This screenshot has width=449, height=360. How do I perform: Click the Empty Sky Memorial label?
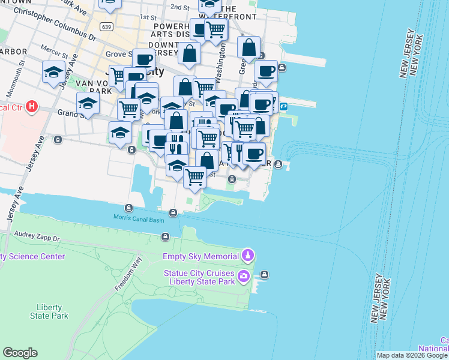pyautogui.click(x=200, y=256)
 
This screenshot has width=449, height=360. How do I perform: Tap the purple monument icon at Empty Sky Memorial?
pyautogui.click(x=247, y=256)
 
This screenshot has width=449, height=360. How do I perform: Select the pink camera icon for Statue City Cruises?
pyautogui.click(x=244, y=276)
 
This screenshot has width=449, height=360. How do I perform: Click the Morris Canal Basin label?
pyautogui.click(x=139, y=218)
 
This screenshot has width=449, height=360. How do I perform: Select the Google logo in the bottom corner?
pyautogui.click(x=20, y=353)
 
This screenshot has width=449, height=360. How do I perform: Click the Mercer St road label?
pyautogui.click(x=54, y=50)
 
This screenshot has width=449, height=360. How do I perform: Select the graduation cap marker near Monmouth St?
pyautogui.click(x=53, y=73)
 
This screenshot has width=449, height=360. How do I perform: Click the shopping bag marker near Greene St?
pyautogui.click(x=248, y=47)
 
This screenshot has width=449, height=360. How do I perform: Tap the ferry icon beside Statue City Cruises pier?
pyautogui.click(x=264, y=275)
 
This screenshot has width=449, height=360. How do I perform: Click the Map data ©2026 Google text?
pyautogui.click(x=412, y=355)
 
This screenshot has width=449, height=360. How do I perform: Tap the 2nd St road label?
pyautogui.click(x=179, y=7)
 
